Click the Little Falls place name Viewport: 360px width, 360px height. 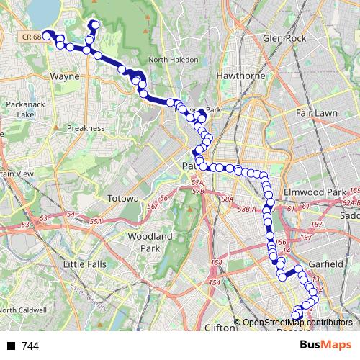click(x=85, y=264)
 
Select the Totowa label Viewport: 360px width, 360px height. click(x=122, y=198)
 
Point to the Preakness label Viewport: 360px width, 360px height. click(x=86, y=127)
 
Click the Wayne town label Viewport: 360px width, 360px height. click(x=65, y=75)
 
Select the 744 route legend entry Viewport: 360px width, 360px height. click(x=30, y=346)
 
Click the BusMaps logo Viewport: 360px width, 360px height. click(x=326, y=346)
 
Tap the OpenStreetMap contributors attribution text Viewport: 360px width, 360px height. click(x=297, y=323)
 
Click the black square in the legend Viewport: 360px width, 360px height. click(x=12, y=346)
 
